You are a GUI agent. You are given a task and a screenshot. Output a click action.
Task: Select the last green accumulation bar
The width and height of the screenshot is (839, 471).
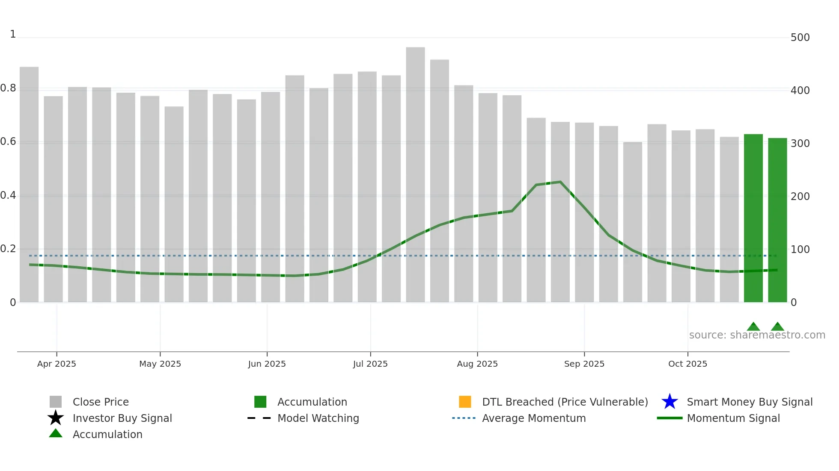[x=777, y=220]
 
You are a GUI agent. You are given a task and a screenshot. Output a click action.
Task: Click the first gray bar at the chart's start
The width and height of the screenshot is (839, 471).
[x=29, y=184]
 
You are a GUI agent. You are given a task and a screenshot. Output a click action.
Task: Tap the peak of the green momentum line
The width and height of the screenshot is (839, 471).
[x=560, y=182]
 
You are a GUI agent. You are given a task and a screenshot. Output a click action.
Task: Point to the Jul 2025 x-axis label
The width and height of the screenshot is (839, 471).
[x=370, y=364]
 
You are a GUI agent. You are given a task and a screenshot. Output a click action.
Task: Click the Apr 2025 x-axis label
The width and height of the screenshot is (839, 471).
[x=57, y=364]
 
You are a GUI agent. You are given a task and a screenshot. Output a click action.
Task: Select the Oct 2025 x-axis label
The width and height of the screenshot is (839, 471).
[x=687, y=364]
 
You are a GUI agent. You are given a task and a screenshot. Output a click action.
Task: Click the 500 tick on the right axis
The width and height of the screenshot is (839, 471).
[x=800, y=38]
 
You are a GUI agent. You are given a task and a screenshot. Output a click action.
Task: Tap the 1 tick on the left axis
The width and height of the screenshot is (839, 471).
[x=13, y=34]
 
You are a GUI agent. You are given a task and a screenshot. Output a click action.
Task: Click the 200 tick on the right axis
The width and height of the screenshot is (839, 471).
[x=800, y=197]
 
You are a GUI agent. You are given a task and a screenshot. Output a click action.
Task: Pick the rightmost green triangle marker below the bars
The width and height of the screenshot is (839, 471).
[x=777, y=327]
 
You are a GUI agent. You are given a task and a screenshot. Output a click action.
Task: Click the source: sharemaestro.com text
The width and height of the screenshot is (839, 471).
[x=757, y=335]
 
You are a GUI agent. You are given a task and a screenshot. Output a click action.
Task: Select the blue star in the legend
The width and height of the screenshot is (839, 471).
[x=669, y=402]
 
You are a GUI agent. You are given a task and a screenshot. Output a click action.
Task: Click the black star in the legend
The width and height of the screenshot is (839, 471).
[x=56, y=418]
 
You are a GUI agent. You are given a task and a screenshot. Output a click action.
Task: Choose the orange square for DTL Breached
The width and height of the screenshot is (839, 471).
[x=465, y=402]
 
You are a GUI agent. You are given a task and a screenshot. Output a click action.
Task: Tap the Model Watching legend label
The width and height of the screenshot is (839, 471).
[x=318, y=418]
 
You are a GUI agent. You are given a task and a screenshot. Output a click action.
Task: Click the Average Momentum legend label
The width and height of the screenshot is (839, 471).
[x=534, y=418]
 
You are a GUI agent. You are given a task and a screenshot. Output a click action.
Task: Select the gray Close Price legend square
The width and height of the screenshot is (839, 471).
[x=56, y=402]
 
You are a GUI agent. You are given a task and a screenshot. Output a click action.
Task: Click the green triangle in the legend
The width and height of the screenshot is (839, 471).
[x=56, y=433]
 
